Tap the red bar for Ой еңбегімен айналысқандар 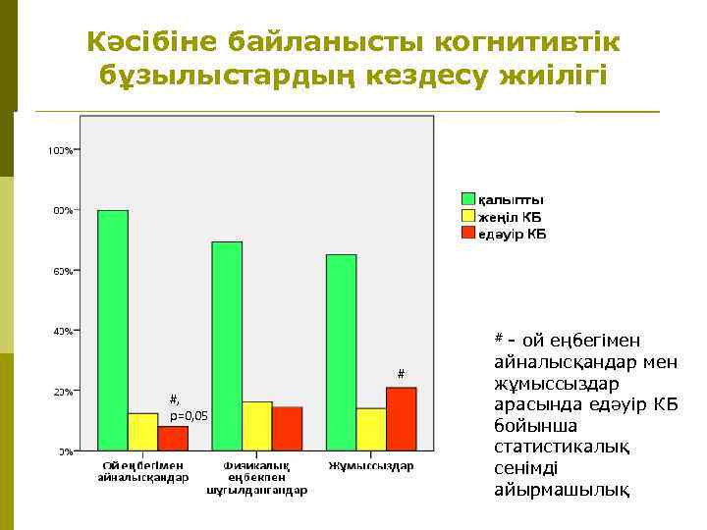coord(173,438)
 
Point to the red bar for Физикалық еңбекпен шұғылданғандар coord(287,429)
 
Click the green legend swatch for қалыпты coord(468,199)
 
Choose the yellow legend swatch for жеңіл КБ coord(468,216)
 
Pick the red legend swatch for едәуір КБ coord(468,233)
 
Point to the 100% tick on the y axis coord(60,150)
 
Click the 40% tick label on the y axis coord(62,331)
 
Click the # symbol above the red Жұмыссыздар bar coord(401,373)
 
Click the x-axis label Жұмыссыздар coord(370,464)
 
